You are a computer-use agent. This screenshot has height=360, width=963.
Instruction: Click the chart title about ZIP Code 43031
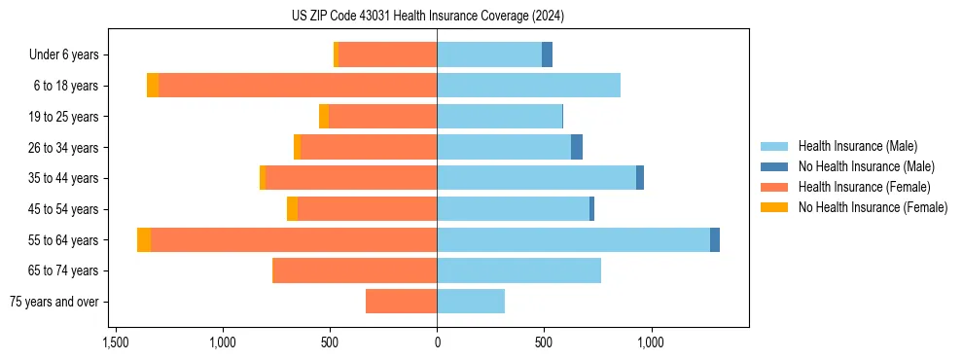point(427,16)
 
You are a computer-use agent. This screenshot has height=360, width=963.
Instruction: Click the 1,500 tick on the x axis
point(116,342)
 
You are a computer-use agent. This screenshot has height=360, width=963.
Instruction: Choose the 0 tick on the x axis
point(437,342)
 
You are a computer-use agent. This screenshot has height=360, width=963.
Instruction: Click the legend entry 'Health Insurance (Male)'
point(857,146)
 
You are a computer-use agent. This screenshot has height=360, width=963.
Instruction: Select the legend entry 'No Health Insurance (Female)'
point(873,207)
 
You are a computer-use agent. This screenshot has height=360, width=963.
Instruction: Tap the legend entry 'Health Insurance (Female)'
point(864,187)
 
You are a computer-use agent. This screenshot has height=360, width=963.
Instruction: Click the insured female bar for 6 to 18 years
point(298,86)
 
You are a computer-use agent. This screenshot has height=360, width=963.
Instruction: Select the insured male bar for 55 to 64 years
point(573,240)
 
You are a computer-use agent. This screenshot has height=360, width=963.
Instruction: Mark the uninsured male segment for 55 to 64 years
point(715,240)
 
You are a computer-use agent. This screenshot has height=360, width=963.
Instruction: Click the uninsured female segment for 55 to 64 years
point(144,240)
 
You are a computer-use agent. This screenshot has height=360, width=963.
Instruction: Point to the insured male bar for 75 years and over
point(471,302)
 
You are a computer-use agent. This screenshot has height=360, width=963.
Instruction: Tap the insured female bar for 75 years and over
point(401,302)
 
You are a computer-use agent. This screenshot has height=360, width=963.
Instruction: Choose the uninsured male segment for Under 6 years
point(547,54)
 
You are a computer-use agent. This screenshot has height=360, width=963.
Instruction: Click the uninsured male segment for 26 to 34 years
point(577,147)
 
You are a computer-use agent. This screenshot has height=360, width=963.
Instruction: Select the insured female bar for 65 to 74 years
point(355,270)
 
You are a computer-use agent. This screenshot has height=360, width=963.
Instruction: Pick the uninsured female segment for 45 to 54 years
point(292,209)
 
